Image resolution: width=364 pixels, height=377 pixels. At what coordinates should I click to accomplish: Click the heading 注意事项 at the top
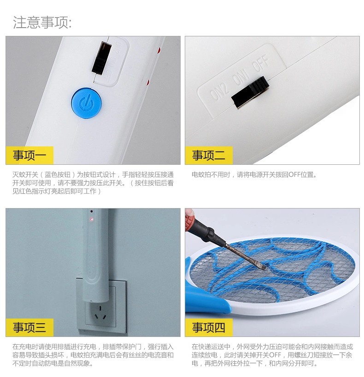coord(42,23)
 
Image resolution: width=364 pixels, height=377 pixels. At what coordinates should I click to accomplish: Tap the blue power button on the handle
coord(86,103)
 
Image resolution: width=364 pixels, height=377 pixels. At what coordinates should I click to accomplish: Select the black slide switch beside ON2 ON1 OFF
coord(250,92)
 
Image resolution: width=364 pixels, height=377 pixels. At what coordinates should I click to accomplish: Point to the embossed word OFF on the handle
coord(260,63)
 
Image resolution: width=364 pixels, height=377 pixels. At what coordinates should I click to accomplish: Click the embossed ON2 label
coord(219,92)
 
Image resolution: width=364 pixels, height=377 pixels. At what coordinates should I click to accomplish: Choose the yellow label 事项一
coord(29,155)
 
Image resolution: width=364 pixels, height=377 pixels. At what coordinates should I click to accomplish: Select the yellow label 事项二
coord(209,155)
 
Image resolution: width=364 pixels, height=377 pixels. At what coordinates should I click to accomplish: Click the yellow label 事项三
coord(29,327)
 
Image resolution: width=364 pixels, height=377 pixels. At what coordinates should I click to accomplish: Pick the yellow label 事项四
coord(209,327)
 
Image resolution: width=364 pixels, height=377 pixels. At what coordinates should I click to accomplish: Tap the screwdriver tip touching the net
coord(263,267)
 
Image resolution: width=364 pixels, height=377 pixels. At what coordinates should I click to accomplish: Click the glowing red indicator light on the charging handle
coord(92,219)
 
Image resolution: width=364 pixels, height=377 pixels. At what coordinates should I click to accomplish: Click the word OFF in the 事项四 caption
coord(275,355)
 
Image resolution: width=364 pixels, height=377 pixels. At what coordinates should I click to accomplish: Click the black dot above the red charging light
coord(92,211)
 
